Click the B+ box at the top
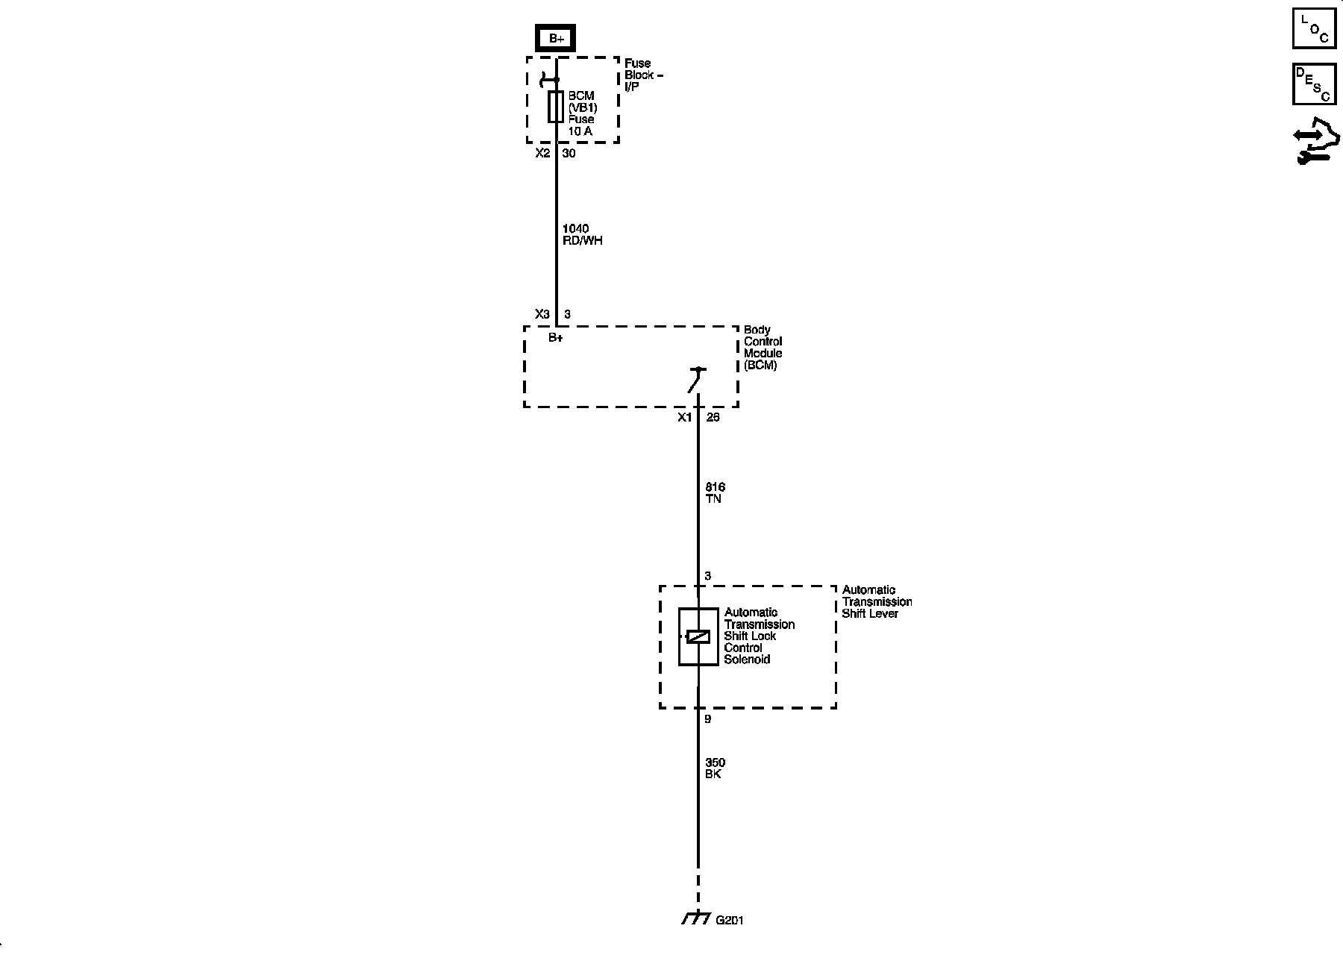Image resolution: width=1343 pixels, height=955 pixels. tap(556, 38)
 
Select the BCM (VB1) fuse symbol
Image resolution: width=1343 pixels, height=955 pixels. tap(556, 107)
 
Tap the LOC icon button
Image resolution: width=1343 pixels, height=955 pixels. tap(1314, 28)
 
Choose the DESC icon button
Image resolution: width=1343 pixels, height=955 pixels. tap(1314, 84)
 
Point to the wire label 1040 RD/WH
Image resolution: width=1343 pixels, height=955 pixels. tap(582, 234)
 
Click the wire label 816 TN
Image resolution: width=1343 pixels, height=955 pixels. tap(714, 492)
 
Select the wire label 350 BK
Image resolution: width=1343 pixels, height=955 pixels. tap(714, 768)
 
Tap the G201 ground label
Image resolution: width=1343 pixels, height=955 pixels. tap(729, 920)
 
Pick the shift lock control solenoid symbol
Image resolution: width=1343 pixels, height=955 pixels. tap(698, 636)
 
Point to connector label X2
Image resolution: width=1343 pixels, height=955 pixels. tap(542, 153)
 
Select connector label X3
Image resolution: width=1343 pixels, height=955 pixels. tap(542, 314)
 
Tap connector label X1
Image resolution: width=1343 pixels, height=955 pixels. tap(684, 417)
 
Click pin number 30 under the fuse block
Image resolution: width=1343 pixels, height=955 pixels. tap(569, 153)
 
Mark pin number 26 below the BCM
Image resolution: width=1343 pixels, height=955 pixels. tap(713, 417)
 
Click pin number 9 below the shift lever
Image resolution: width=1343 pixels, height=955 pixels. tap(708, 719)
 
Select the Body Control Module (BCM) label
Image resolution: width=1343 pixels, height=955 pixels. tap(763, 348)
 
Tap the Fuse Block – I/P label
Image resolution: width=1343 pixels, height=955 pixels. tap(643, 75)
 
